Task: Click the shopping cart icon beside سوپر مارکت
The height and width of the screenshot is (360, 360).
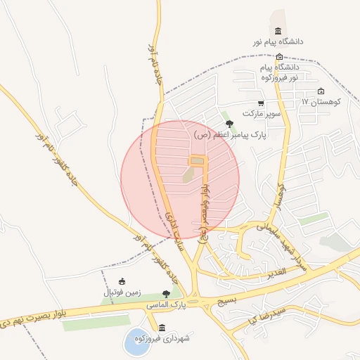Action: point(261,103)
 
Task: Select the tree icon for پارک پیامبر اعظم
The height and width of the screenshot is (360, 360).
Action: point(230,124)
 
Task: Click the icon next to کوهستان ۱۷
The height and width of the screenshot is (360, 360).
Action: point(321,91)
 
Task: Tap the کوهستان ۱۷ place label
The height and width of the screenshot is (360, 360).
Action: point(321,102)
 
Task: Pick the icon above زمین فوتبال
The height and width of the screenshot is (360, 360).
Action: point(122,281)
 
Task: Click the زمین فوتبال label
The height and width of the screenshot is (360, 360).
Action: point(123,292)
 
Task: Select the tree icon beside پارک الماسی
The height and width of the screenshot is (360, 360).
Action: point(166,294)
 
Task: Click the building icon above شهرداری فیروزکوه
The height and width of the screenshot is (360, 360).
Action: point(162,328)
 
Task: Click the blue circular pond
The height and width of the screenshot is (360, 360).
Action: point(135,342)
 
